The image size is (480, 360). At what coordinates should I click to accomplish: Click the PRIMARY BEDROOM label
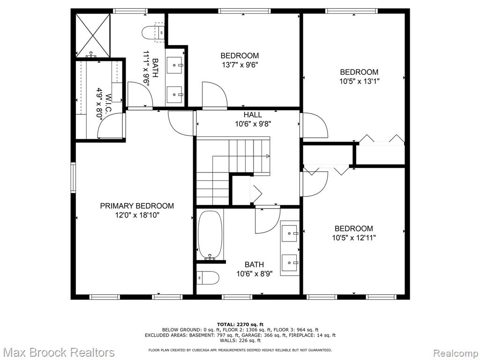click(137, 206)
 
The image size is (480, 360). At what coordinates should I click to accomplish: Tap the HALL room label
click(253, 115)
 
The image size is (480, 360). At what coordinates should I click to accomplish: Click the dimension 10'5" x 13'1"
click(360, 82)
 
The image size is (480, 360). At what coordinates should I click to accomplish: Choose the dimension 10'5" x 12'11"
click(354, 238)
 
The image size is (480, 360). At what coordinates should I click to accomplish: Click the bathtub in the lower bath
click(210, 235)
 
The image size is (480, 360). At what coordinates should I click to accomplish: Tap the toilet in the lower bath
click(208, 278)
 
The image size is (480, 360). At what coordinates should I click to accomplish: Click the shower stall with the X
click(92, 36)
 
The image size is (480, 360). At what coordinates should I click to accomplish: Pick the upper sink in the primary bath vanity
click(175, 65)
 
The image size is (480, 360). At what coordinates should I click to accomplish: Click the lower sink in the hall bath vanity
click(290, 262)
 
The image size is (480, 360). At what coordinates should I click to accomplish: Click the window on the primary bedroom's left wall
click(73, 178)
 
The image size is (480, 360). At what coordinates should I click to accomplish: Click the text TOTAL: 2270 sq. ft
click(240, 324)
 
